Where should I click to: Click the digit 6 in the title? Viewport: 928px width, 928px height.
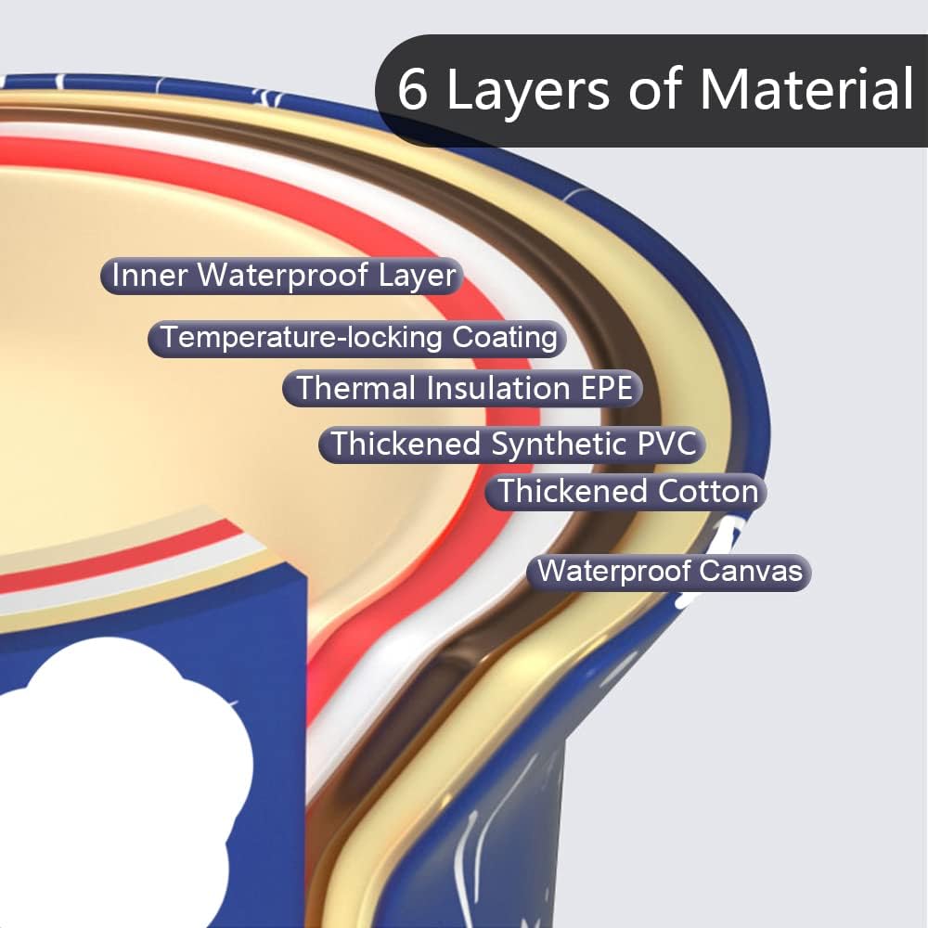pyautogui.click(x=413, y=90)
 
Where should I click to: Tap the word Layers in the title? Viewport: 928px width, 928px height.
pyautogui.click(x=528, y=90)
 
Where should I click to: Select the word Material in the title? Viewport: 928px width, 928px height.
pyautogui.click(x=806, y=90)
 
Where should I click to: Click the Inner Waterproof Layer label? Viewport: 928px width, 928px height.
pyautogui.click(x=282, y=276)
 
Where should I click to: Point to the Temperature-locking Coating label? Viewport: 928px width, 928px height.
pyautogui.click(x=357, y=337)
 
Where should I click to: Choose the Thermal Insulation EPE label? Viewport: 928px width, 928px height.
pyautogui.click(x=463, y=388)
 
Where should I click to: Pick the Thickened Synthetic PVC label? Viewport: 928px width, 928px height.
pyautogui.click(x=512, y=444)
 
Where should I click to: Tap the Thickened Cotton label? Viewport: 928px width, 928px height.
pyautogui.click(x=626, y=491)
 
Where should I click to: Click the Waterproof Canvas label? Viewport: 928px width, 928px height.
pyautogui.click(x=669, y=570)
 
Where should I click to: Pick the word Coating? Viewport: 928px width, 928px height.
pyautogui.click(x=505, y=337)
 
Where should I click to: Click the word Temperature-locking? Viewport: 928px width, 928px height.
pyautogui.click(x=303, y=337)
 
